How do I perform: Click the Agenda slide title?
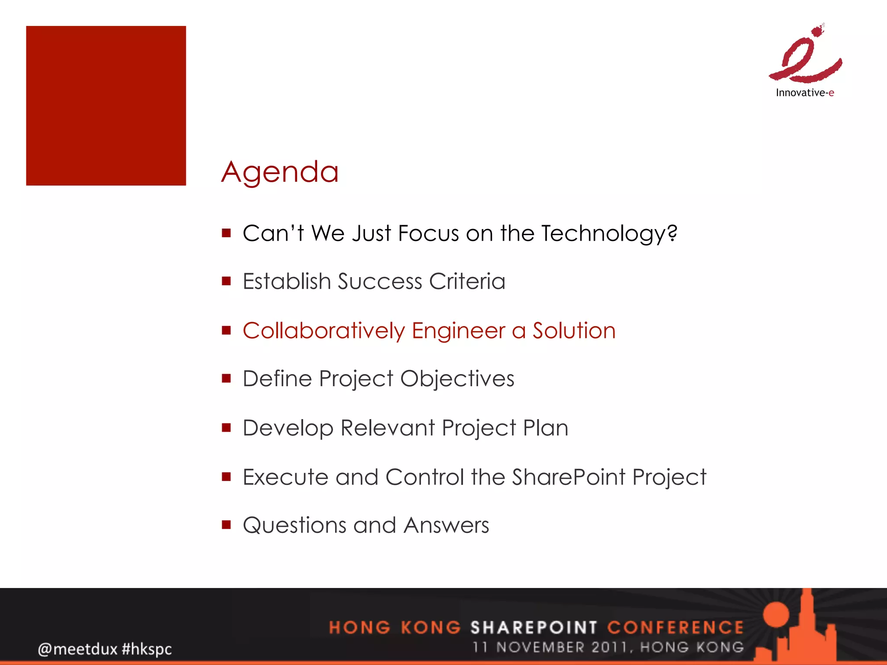point(280,172)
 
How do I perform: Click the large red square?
point(106,106)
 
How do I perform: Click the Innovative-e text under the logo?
point(804,93)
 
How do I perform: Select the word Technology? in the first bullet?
point(609,234)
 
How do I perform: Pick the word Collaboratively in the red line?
point(324,331)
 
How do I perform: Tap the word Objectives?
point(457,379)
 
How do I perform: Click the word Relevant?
point(388,428)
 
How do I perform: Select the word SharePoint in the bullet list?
point(569,477)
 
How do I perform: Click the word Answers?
point(446,525)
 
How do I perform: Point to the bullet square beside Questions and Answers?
point(226,525)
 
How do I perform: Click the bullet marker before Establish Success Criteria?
point(226,281)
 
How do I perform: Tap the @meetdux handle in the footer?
point(78,649)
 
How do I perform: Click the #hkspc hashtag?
point(147,649)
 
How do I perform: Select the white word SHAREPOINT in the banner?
point(534,627)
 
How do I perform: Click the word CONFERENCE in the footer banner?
point(675,627)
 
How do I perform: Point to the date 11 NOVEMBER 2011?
point(550,647)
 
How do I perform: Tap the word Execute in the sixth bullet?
point(285,477)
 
